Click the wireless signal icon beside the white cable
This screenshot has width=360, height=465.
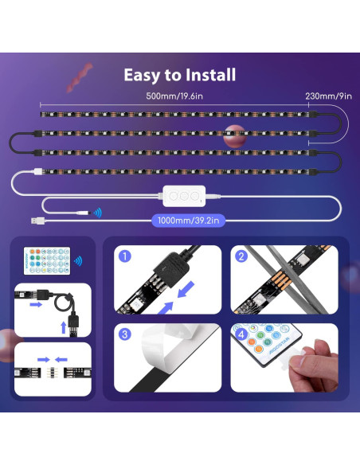point(96,213)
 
